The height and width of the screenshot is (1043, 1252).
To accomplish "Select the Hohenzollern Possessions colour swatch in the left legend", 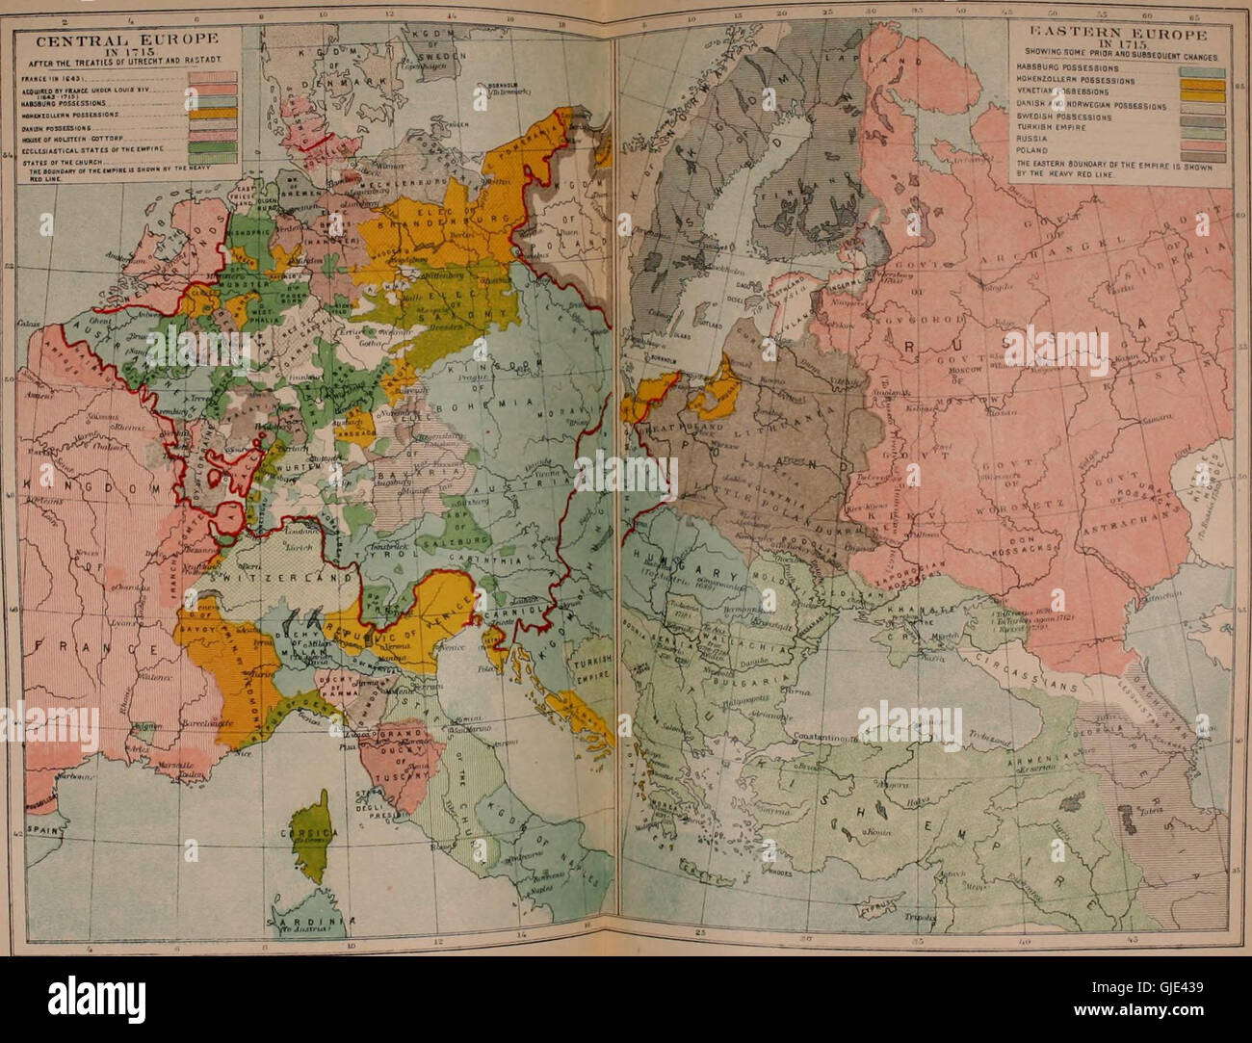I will click(x=224, y=113).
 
